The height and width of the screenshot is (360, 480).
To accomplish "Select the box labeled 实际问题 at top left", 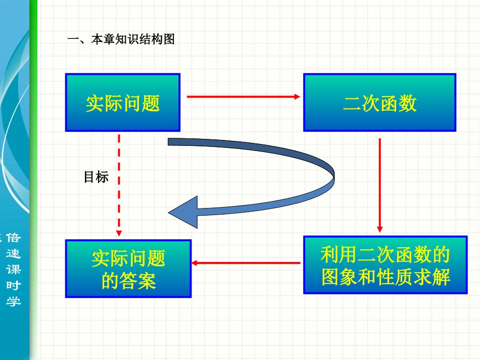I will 123,102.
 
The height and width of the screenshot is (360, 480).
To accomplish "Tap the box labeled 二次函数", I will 379,102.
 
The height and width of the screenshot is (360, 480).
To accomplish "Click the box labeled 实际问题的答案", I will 128,269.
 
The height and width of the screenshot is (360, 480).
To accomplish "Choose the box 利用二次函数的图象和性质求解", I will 385,265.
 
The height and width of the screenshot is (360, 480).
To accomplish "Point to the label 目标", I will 96,177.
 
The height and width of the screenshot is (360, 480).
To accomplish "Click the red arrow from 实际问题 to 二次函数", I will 244,96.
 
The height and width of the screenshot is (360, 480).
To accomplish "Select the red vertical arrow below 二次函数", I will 380,185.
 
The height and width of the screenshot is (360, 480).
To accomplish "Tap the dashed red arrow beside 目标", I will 119,184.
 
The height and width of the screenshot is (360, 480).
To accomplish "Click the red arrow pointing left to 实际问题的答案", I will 246,263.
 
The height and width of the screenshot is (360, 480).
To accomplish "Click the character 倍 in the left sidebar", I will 14,238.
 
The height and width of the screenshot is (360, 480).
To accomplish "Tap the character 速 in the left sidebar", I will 14,253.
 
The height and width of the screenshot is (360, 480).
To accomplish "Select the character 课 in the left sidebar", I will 14,269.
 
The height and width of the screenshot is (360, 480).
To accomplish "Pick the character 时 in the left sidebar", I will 14,285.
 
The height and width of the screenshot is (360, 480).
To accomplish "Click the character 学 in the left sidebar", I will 14,301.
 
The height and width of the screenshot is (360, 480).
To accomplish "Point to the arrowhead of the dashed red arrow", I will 119,233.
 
